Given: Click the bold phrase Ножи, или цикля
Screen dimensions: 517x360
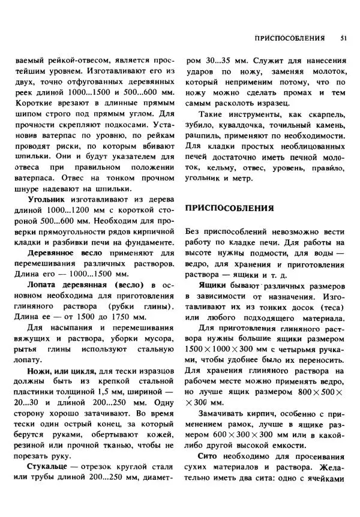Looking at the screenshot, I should coord(64,372).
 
